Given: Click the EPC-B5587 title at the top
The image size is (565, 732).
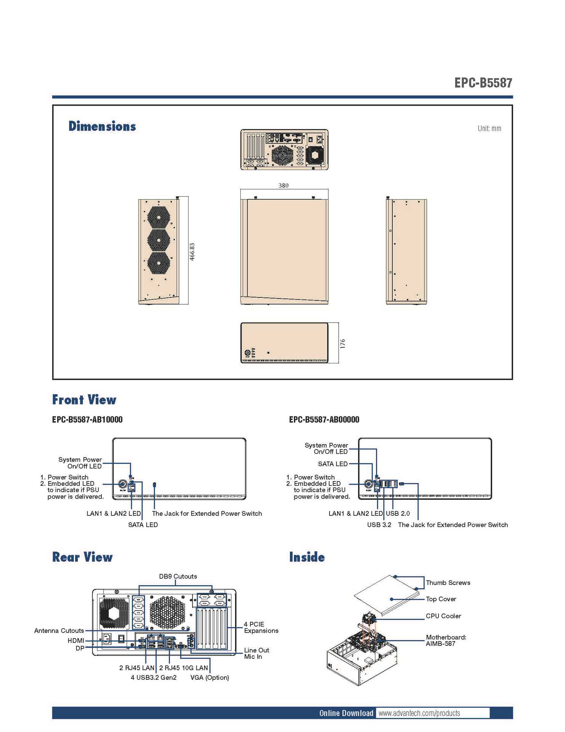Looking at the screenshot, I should click(x=483, y=83).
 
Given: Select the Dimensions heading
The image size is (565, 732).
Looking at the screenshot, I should click(x=102, y=126).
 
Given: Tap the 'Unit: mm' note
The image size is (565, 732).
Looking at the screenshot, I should click(x=489, y=128).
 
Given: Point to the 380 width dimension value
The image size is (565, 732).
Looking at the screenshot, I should click(x=283, y=186).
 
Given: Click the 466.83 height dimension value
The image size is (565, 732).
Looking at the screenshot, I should click(x=192, y=252).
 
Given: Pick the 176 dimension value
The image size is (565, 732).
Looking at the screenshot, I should click(x=343, y=344).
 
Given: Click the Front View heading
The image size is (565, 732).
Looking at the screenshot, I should click(x=84, y=400).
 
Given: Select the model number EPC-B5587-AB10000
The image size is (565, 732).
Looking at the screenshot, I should click(x=87, y=420).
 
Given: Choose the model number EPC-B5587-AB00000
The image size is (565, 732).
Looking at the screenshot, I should click(x=324, y=420).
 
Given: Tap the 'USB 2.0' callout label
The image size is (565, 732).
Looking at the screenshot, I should click(x=398, y=514).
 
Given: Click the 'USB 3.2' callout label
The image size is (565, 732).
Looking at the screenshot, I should click(x=379, y=525).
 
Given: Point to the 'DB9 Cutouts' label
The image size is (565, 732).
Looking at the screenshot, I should click(x=178, y=576).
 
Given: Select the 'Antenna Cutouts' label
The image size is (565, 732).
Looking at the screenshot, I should click(x=59, y=631).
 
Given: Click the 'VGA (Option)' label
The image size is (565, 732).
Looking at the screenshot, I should click(x=210, y=677).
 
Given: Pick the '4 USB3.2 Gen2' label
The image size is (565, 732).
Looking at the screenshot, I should click(x=154, y=677).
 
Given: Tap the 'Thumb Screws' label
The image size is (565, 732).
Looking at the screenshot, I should click(x=448, y=583).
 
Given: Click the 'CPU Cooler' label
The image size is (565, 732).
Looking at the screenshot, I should click(x=443, y=616).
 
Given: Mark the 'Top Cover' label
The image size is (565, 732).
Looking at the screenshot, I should click(x=441, y=599).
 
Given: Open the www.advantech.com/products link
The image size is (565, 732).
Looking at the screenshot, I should click(x=419, y=713).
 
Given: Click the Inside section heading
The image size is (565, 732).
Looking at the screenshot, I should click(x=307, y=557).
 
